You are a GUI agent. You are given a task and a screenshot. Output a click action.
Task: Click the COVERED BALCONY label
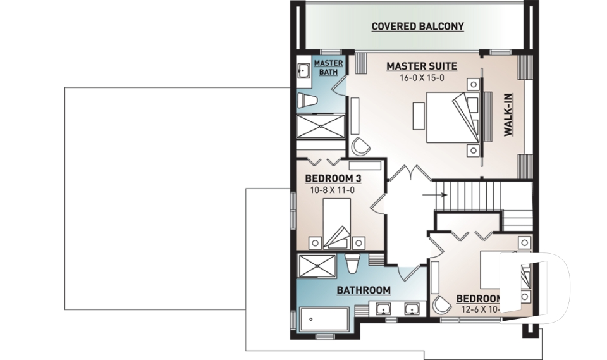coord(417,27)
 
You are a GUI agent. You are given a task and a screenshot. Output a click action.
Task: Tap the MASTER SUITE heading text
coord(421,66)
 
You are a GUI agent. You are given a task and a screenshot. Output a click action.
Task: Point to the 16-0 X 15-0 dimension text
coord(421,78)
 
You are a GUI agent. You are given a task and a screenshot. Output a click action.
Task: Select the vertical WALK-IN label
coord(508,116)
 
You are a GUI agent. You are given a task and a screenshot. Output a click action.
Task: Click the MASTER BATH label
coord(328,67)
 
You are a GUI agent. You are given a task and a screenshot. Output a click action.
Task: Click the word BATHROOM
coord(363,290)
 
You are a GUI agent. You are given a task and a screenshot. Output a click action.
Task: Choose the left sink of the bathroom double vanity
coord(383,310)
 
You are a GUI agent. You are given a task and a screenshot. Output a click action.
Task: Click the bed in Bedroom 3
coord(336,223)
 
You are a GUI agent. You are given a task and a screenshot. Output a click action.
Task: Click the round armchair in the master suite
coord(360,146)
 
